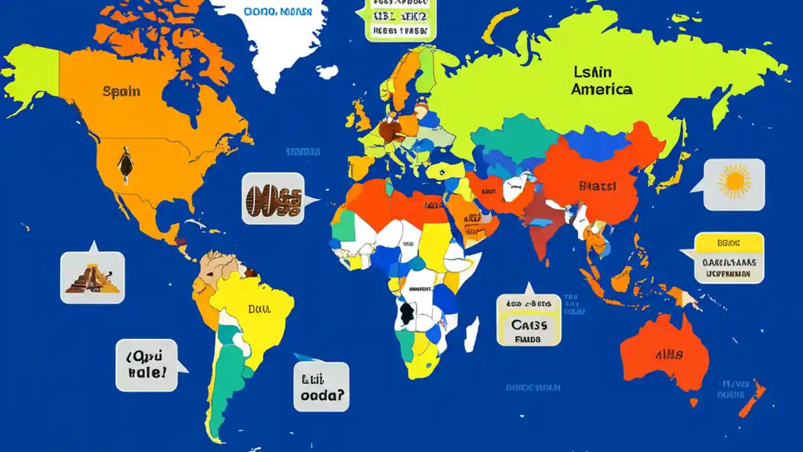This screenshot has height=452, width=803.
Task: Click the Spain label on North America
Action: (121, 92)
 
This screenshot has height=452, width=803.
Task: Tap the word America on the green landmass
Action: (601, 89)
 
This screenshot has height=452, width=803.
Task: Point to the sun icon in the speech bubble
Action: (734, 182)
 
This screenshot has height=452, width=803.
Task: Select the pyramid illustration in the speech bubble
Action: (93, 277)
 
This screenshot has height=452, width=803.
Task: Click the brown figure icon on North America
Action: (125, 164)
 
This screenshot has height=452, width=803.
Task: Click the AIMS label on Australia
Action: (669, 355)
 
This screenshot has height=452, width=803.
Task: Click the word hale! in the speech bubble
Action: (147, 372)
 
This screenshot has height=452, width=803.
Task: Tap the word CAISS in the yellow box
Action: (529, 325)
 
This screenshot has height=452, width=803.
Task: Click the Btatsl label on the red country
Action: (597, 186)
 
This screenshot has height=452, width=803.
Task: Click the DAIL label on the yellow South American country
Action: (258, 309)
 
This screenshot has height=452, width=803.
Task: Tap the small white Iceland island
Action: (327, 72)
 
